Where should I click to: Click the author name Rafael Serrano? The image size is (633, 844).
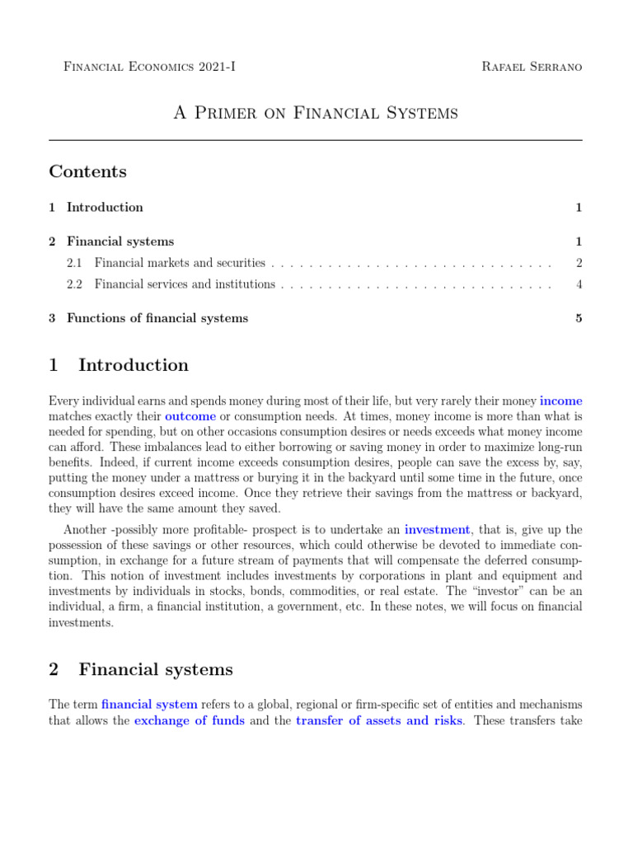[532, 66]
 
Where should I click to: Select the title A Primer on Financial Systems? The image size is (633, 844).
[316, 113]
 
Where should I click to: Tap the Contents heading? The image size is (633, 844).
[88, 171]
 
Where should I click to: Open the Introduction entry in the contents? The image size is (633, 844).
[105, 207]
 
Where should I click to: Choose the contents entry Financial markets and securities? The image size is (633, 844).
[180, 263]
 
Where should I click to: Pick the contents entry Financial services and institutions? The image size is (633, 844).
[185, 284]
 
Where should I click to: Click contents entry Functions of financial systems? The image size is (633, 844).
[157, 318]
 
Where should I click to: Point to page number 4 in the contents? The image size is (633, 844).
[579, 284]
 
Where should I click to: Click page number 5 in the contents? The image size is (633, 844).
[579, 318]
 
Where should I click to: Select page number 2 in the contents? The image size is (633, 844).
[579, 263]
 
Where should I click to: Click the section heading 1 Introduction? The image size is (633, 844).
[119, 365]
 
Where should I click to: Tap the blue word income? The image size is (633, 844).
[560, 401]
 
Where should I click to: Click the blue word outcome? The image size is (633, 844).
[190, 417]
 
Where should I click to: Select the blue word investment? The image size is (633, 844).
[437, 530]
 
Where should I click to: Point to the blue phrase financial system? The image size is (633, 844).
[149, 705]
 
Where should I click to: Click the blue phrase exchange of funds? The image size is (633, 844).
[189, 720]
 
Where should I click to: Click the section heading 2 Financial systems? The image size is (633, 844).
[141, 669]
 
